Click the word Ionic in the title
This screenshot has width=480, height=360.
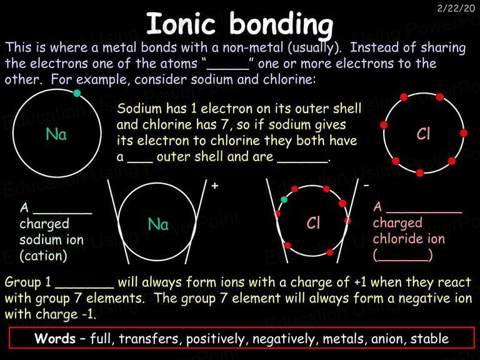coord(181,23)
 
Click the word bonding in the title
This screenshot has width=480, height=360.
coord(281,26)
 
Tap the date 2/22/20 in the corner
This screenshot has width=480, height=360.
coord(456,8)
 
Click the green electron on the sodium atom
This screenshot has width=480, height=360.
coord(77,93)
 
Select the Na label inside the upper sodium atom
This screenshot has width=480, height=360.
coord(56,134)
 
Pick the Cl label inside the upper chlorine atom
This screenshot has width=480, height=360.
coord(423,134)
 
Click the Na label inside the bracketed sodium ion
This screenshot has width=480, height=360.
coord(158,224)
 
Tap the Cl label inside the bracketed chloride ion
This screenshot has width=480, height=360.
coord(313,222)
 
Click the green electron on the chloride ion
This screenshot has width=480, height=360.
coord(284,199)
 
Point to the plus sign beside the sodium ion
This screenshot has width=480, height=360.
coord(215,186)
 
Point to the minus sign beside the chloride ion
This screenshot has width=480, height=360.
coord(366,186)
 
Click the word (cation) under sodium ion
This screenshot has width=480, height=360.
coord(43,256)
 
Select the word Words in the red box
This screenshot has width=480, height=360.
coord(55,338)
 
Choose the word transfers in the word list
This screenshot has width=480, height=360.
coord(148,339)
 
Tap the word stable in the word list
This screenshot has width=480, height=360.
coord(429,339)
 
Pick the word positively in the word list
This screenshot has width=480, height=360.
coord(216,339)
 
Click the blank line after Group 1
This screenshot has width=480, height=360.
coord(84,287)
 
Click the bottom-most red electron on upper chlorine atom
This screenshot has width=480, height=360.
coord(420,173)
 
